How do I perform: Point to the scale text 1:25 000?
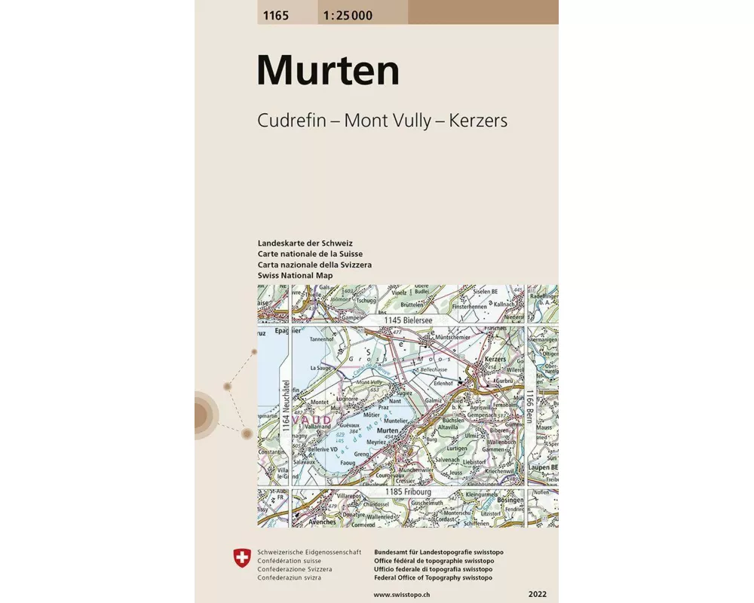pos(346,14)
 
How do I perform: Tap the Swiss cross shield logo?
pos(241,559)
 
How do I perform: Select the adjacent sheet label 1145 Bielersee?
pos(408,320)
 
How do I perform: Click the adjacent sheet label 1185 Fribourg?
pos(408,492)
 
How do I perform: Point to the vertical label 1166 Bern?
pos(530,408)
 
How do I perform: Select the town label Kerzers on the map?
pos(495,360)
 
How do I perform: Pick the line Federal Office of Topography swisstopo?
pos(433,577)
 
